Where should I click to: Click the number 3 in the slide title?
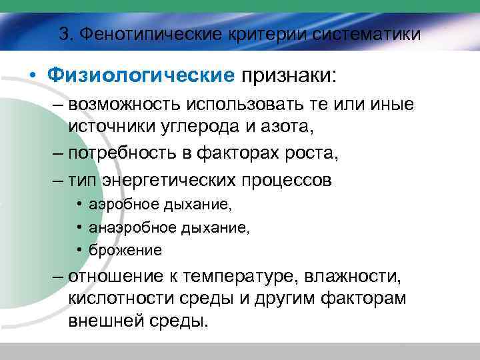(x=64, y=34)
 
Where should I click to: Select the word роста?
(x=313, y=154)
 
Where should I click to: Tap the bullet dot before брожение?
(x=79, y=250)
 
